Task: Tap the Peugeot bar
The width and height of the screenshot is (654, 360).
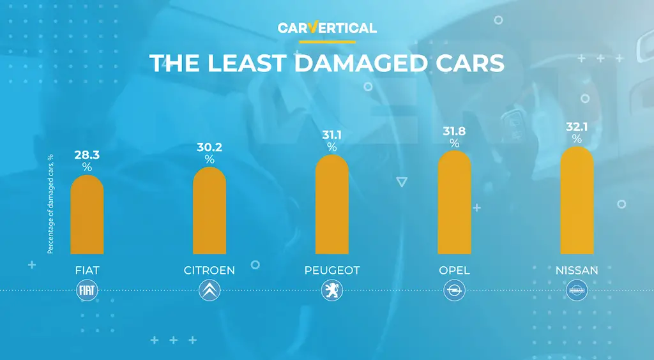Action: coord(332,204)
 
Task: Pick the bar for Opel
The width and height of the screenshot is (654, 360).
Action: coord(455,202)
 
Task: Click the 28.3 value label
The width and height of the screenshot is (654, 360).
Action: coord(87,155)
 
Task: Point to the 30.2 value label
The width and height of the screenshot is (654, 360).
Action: coord(209,147)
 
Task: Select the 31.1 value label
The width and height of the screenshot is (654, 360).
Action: coord(332,135)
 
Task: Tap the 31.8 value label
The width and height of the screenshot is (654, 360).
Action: coord(455,131)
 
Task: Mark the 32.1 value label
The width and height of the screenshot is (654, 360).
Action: coord(577,126)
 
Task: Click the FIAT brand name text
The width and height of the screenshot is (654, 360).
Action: coord(87,271)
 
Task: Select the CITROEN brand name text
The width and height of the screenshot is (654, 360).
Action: coord(209,271)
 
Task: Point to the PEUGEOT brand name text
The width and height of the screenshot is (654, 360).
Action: coord(332,271)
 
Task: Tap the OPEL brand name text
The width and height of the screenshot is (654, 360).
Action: coord(455,271)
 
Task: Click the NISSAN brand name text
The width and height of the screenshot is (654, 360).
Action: coord(577,271)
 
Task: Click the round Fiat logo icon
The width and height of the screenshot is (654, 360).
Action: coord(87,291)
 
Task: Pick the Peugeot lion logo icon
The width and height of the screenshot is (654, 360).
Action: coord(331,291)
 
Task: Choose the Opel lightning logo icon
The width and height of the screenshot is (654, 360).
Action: coord(455,291)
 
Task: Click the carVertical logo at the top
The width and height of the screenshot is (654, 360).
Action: coord(327,28)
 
